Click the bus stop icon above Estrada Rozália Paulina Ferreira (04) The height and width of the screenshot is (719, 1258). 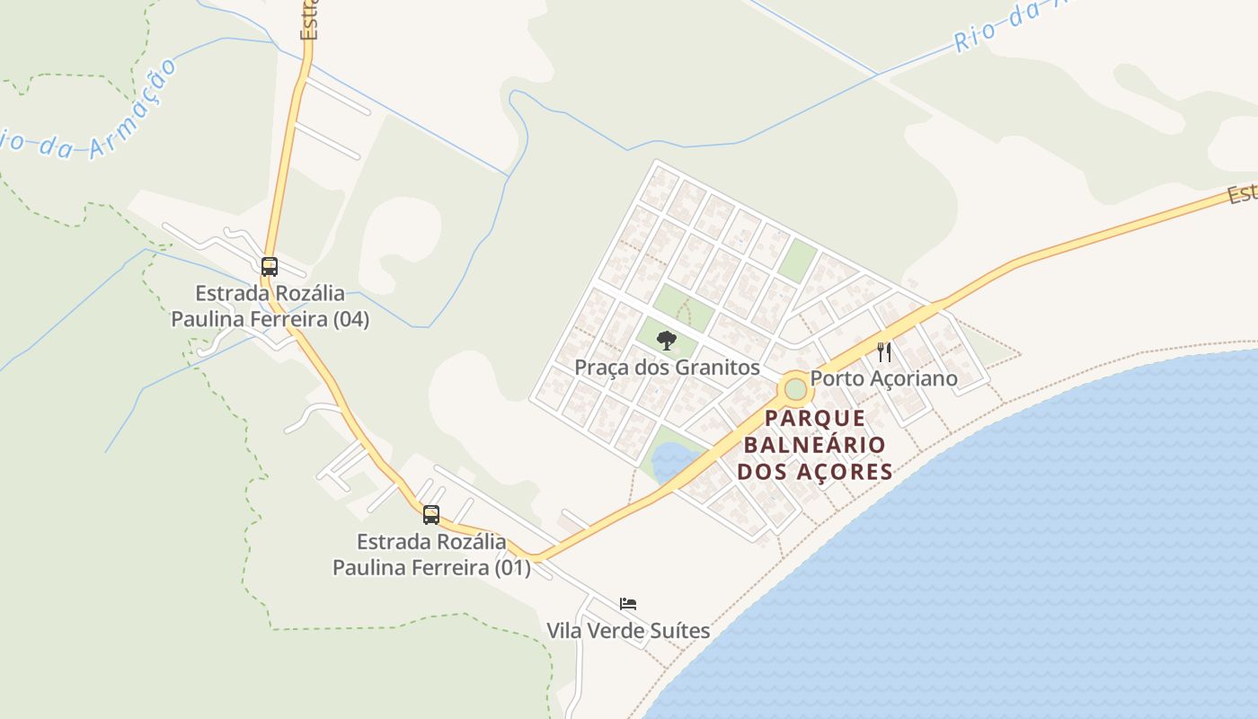pyautogui.click(x=269, y=266)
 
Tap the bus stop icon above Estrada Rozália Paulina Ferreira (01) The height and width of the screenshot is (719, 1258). pyautogui.click(x=431, y=514)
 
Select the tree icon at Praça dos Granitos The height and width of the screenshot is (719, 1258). pyautogui.click(x=666, y=340)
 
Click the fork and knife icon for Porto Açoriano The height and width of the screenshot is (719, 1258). pyautogui.click(x=884, y=351)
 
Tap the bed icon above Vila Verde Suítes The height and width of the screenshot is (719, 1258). pyautogui.click(x=628, y=603)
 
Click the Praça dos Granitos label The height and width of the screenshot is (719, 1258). pyautogui.click(x=667, y=368)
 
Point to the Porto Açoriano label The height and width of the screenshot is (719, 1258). pyautogui.click(x=884, y=378)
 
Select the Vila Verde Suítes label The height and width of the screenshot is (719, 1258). pyautogui.click(x=628, y=631)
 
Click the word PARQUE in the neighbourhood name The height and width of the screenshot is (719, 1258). pyautogui.click(x=815, y=418)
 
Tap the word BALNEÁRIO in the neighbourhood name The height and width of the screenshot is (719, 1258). pyautogui.click(x=815, y=445)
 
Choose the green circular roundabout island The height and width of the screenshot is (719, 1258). pyautogui.click(x=795, y=389)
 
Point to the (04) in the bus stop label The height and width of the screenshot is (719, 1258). pyautogui.click(x=350, y=319)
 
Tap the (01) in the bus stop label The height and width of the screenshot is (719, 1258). pyautogui.click(x=512, y=568)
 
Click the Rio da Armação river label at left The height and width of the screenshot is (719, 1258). pyautogui.click(x=90, y=117)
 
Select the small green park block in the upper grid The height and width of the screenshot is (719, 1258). pyautogui.click(x=796, y=261)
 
